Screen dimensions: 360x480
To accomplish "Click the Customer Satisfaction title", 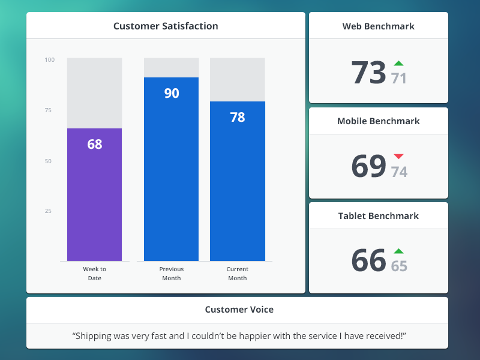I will pyautogui.click(x=166, y=26).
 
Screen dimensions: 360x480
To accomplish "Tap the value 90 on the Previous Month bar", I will pyautogui.click(x=172, y=93).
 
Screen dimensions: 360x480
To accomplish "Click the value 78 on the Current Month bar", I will pyautogui.click(x=238, y=117).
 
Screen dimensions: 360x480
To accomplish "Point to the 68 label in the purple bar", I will pyautogui.click(x=95, y=144).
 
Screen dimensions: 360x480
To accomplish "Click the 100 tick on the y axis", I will pyautogui.click(x=49, y=59).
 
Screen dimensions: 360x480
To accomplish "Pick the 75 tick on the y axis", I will pyautogui.click(x=48, y=110).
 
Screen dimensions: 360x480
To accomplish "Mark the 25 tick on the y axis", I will pyautogui.click(x=48, y=211).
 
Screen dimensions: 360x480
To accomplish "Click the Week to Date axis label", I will pyautogui.click(x=94, y=274).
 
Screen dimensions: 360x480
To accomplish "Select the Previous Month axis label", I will pyautogui.click(x=172, y=274).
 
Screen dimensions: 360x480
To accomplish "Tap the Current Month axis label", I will pyautogui.click(x=238, y=274).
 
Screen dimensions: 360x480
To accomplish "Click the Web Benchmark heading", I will pyautogui.click(x=378, y=26).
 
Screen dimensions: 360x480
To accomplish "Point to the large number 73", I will pyautogui.click(x=368, y=73).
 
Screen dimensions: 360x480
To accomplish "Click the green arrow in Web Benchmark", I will pyautogui.click(x=398, y=63).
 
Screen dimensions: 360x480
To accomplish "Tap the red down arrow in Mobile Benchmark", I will pyautogui.click(x=398, y=157).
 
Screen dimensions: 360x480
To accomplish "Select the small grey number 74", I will pyautogui.click(x=399, y=172).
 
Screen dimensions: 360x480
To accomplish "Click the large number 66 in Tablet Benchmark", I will pyautogui.click(x=368, y=260).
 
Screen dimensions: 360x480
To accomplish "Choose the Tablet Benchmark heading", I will pyautogui.click(x=378, y=215).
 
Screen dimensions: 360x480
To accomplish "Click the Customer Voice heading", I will pyautogui.click(x=239, y=310).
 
